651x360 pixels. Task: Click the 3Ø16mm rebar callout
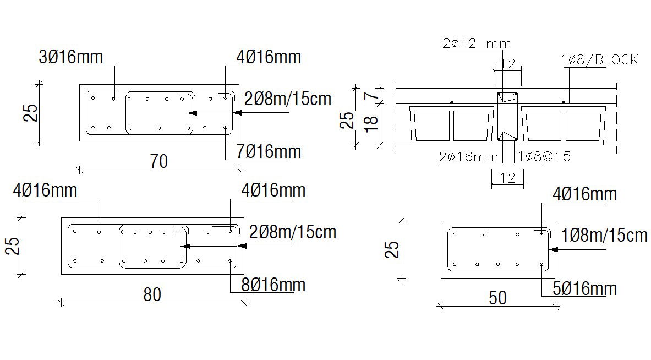coord(70,57)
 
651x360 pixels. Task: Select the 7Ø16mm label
coord(269,151)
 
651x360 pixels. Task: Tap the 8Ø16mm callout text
coord(273,285)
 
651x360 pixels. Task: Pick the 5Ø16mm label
coord(584,288)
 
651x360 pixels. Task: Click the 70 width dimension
coord(158,161)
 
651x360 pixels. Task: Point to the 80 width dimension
coord(152,295)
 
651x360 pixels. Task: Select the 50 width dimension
coord(498,298)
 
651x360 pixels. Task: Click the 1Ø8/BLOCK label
coord(599,60)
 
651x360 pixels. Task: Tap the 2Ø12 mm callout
coord(477,43)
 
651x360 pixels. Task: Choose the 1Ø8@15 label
coord(544,156)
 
